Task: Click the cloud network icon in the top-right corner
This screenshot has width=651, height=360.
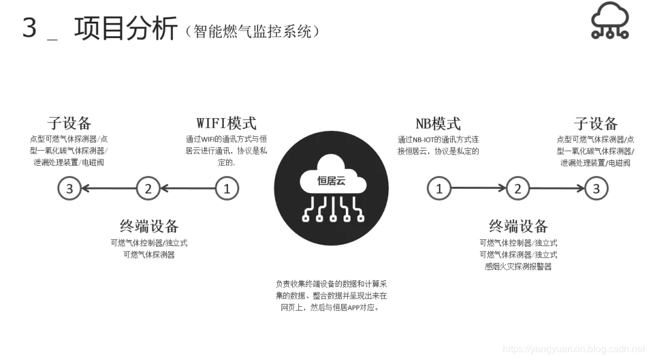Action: [609, 21]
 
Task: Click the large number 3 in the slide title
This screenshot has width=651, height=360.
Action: [30, 28]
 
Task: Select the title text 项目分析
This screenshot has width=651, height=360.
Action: [126, 28]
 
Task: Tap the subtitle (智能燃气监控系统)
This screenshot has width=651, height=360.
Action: [253, 31]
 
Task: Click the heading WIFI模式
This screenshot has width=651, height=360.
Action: [227, 123]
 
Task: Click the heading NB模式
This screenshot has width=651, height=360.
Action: [438, 124]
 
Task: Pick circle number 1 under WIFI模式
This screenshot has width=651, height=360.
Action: [227, 189]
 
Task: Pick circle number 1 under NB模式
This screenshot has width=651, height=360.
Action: [439, 189]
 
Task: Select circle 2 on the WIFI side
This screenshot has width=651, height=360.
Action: [148, 189]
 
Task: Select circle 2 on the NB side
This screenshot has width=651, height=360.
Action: [517, 189]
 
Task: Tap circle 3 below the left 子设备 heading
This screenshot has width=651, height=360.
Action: [69, 189]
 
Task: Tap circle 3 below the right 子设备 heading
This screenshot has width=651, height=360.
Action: [596, 189]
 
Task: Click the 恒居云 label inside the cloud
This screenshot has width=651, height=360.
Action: [331, 180]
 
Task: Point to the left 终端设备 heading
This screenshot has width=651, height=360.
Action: [149, 226]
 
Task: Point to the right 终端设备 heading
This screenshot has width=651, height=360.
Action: [518, 226]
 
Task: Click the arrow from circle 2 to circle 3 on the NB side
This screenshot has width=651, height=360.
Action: [556, 189]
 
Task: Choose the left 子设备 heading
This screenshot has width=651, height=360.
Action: [69, 124]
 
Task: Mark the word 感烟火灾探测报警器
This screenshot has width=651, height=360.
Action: [518, 266]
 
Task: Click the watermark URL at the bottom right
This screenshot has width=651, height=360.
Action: [573, 349]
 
